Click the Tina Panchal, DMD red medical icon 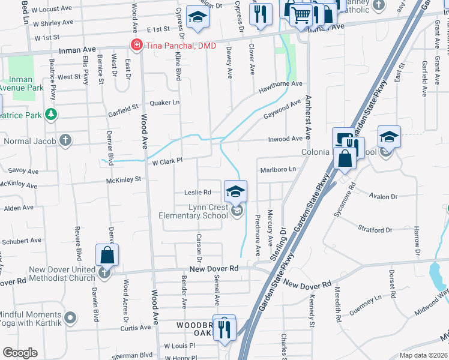136,46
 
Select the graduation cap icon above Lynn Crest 236,191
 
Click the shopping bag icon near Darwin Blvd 107,254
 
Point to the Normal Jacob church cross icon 65,141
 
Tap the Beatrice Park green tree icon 52,113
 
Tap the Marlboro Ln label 278,170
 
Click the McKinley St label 123,179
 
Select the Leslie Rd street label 198,193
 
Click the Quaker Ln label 165,103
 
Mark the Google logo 20,353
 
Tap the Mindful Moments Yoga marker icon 71,316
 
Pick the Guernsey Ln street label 370,299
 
